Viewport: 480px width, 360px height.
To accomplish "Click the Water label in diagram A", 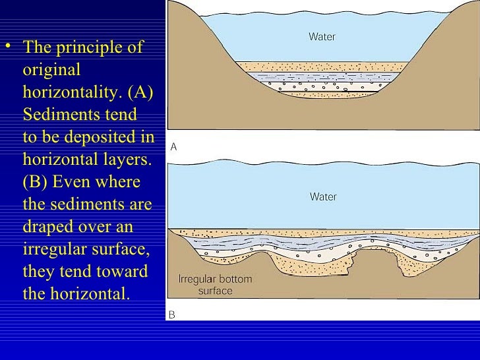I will [322, 37].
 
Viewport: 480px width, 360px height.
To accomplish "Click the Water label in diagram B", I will [323, 196].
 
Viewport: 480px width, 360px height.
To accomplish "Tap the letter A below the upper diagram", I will [173, 148].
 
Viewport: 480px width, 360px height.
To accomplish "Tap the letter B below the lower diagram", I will [172, 315].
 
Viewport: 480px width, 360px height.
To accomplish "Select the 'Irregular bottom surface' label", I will [215, 285].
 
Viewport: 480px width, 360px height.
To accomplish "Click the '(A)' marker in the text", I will [139, 92].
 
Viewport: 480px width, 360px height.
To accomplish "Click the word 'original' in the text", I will [51, 70].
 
